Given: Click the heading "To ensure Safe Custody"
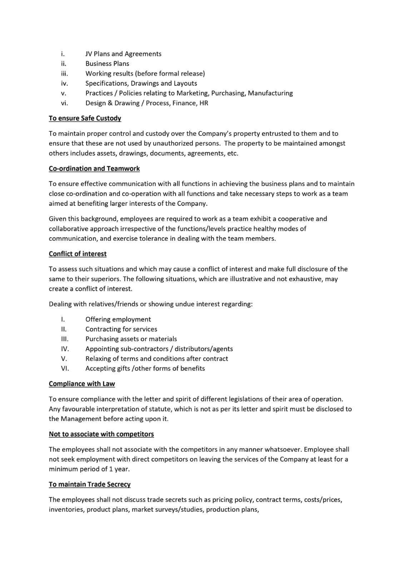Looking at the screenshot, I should point(85,118).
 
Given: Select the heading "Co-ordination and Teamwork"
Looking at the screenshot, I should point(94,169).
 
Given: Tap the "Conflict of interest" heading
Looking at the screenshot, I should point(78,254).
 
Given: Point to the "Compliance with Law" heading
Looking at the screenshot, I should point(82,384).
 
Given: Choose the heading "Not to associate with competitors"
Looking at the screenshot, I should point(101,434).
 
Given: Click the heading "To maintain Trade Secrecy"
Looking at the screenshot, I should point(90,484).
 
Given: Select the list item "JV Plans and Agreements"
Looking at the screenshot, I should point(123,54).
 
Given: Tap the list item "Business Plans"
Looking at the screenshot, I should point(107,64).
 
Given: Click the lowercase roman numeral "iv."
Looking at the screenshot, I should point(64,84).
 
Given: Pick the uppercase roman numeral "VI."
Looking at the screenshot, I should point(65,369).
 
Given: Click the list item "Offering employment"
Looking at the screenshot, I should point(118,320).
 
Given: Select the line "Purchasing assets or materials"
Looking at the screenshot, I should point(131,339).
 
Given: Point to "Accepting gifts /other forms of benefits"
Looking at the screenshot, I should point(145,369).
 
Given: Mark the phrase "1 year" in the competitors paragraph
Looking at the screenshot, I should point(119,469).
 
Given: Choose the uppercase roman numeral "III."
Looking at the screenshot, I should point(65,339).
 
